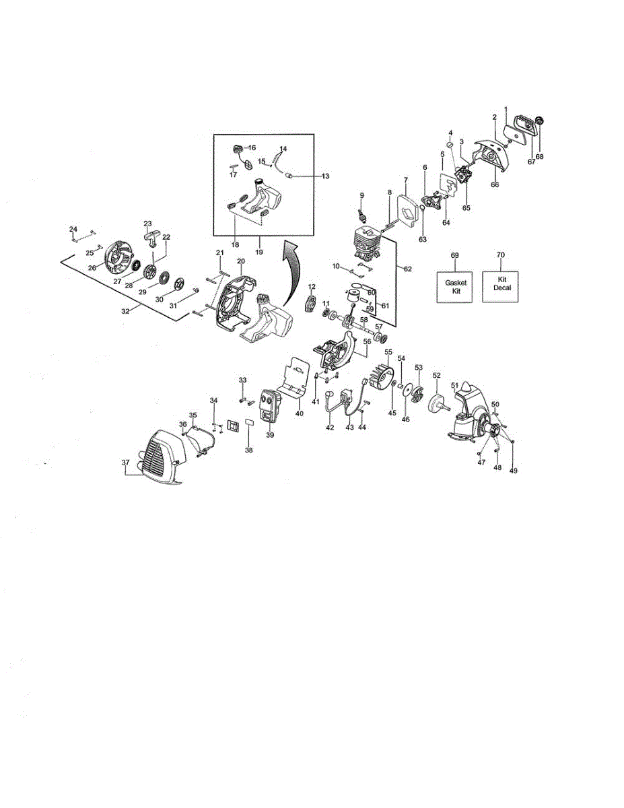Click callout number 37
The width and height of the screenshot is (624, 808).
125,463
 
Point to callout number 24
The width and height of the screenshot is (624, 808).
73,230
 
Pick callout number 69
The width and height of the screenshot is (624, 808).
454,256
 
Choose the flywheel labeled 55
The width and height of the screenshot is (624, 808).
380,379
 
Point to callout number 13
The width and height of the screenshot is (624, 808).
326,176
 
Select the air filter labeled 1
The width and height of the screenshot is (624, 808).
522,125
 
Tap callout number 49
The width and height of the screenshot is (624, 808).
514,471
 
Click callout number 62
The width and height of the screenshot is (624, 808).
407,269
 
